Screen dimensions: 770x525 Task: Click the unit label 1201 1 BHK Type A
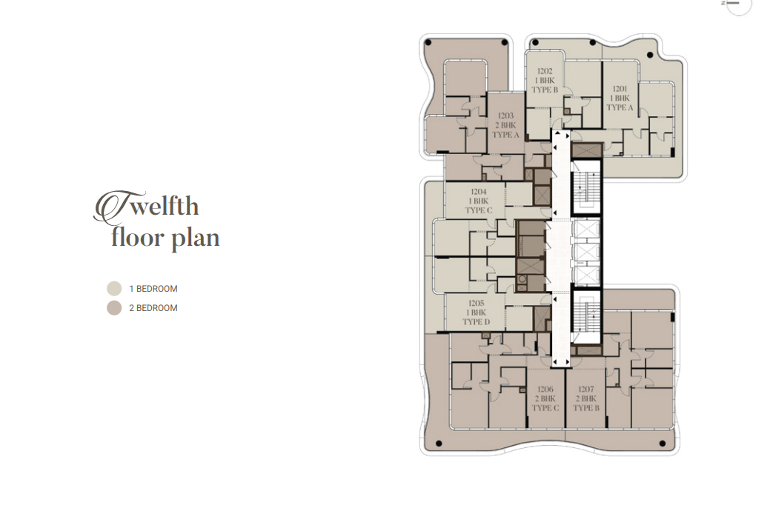click(x=620, y=98)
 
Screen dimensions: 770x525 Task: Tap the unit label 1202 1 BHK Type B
click(x=545, y=81)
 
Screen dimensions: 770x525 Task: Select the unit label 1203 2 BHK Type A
click(x=505, y=125)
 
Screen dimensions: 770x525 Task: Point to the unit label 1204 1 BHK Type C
click(x=478, y=201)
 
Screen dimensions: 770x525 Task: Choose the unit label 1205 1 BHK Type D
click(x=476, y=312)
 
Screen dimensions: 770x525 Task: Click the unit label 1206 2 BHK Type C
click(x=545, y=398)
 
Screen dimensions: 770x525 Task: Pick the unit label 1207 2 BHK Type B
click(x=586, y=398)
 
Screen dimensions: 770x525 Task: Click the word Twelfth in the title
click(x=146, y=206)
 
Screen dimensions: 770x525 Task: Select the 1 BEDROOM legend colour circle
click(x=114, y=289)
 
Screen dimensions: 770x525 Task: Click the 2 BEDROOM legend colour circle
click(x=114, y=307)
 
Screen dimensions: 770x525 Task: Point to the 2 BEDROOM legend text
click(x=153, y=308)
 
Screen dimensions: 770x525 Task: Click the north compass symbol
click(x=737, y=5)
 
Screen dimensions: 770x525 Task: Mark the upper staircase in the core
click(x=587, y=190)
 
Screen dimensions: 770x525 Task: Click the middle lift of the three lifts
click(x=587, y=252)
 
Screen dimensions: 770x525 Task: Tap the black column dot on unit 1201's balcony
click(x=650, y=56)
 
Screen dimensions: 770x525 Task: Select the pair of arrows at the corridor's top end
click(x=561, y=135)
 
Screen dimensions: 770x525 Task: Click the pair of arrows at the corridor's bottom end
click(x=561, y=362)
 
